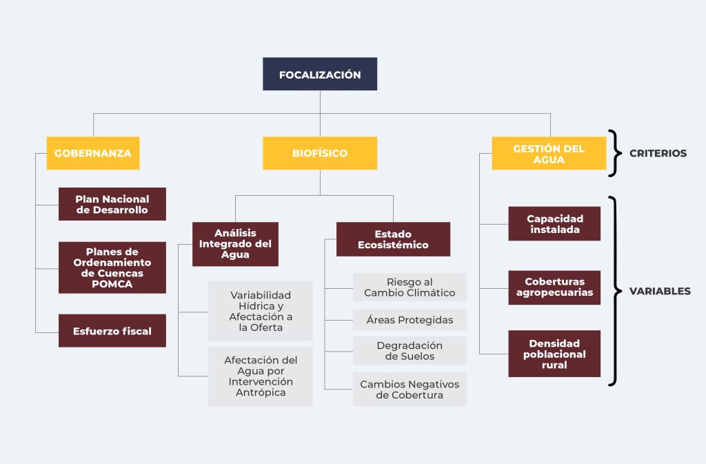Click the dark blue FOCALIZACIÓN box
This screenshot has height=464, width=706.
coord(319,74)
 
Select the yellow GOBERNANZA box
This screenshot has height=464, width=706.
coord(93,153)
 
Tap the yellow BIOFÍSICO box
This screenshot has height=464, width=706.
coord(319,153)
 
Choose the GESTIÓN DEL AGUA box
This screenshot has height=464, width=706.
coord(549,153)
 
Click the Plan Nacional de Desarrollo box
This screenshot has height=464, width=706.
coord(112,204)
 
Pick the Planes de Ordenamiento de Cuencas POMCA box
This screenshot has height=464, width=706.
coord(112,268)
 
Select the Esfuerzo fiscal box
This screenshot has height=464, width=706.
coord(112,331)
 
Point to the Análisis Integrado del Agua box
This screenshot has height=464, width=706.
coord(235,244)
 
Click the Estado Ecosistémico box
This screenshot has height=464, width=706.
coord(393,239)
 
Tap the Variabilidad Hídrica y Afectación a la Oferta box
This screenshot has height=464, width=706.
coord(261,311)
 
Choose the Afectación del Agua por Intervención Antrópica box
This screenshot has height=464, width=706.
coord(261,376)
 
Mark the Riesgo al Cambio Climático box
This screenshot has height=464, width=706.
coord(410,287)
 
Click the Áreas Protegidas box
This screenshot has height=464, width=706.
coord(410,320)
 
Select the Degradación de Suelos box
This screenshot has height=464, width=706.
coord(410,350)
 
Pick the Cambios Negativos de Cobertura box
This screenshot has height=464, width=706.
coord(410,390)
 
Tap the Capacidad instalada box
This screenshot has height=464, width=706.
coord(554,223)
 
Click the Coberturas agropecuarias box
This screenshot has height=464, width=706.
coord(554,287)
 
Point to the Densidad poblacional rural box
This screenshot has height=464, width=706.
coord(554,354)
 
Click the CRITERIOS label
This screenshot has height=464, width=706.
coord(658,153)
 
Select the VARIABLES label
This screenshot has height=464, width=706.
coord(660,291)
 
